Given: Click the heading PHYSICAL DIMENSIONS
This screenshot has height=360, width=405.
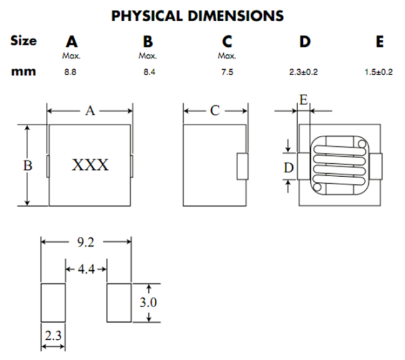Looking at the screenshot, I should point(197,16).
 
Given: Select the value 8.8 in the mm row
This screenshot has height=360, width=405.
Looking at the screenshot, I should point(72,72).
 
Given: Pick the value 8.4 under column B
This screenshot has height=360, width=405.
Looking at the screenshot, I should point(147,72).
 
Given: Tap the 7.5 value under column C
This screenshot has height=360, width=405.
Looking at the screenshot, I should point(227,72).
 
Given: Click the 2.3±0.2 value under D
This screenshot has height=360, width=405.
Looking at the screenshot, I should point(304,72).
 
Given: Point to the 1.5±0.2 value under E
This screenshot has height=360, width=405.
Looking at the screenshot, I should point(379,72).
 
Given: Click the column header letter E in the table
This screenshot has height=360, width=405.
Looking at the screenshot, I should point(380,42).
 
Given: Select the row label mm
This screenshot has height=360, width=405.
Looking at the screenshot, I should point(23,72).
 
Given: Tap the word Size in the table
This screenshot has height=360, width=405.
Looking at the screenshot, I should point(24,41).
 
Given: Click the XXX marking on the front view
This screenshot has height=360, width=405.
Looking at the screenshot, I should point(90,166).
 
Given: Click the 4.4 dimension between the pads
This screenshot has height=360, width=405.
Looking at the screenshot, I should point(86,270).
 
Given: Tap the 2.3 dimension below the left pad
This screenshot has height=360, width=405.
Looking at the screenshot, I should point(53,336).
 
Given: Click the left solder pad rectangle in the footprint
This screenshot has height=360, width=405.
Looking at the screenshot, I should point(53,303).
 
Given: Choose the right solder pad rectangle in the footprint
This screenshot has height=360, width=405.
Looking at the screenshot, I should point(119,303).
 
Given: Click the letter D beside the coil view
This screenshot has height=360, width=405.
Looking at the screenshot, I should point(288,167).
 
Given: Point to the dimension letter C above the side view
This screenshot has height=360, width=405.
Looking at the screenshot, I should point(214,111).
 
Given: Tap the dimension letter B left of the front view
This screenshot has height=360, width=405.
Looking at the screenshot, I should point(27,166).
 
